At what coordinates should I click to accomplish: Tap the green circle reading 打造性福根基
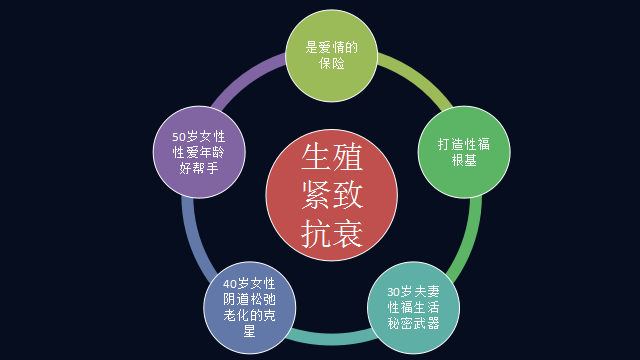coord(462,151)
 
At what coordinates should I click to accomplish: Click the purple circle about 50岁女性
coord(197,153)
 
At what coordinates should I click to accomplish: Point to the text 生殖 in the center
coord(331,158)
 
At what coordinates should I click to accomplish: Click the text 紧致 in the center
coord(331,195)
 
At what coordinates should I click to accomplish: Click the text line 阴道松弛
coord(248,299)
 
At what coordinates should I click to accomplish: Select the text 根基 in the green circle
coord(463,159)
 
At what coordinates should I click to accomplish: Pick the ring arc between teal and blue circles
coord(331,340)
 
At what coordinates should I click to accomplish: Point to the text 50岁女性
coord(197,136)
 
